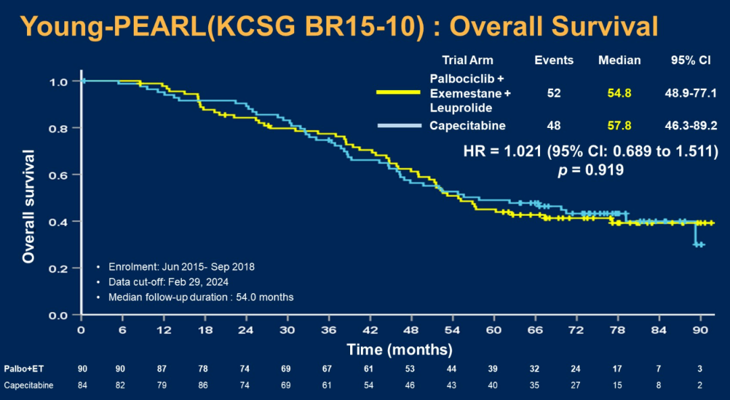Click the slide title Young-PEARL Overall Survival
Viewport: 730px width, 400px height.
(x=339, y=26)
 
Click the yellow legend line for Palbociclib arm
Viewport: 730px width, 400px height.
(x=399, y=93)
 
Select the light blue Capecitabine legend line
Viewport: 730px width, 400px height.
(x=399, y=126)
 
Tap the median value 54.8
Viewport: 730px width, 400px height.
(x=619, y=93)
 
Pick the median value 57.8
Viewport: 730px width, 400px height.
(x=619, y=125)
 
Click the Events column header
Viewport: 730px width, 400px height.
(x=554, y=60)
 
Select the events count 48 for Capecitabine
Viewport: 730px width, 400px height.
(x=554, y=125)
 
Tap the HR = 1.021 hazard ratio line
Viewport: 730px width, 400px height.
(x=590, y=152)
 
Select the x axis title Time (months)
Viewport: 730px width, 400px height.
(x=399, y=349)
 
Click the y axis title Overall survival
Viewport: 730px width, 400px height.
(x=28, y=206)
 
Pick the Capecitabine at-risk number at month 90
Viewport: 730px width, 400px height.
(x=700, y=385)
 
